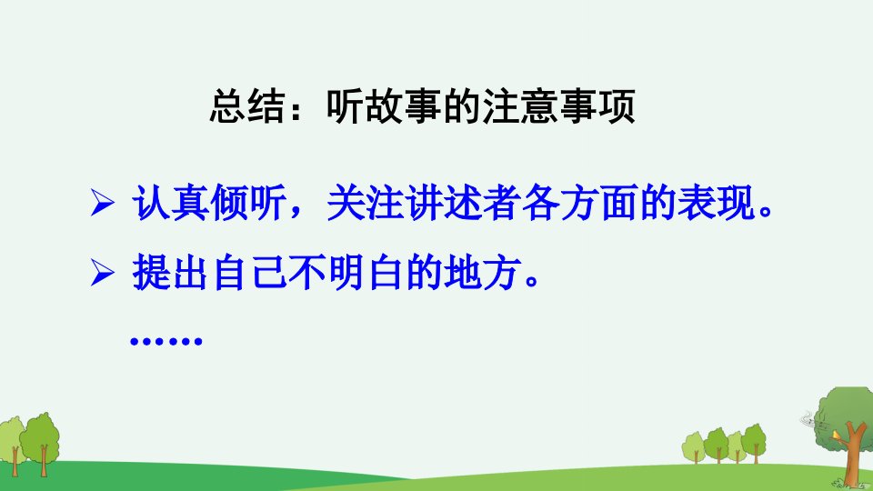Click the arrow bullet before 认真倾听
click(102, 202)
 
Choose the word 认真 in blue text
click(171, 202)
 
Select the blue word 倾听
click(249, 202)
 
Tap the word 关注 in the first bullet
click(366, 202)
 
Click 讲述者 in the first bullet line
click(463, 202)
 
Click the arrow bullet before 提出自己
click(102, 273)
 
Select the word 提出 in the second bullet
click(171, 273)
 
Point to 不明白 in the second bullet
click(346, 273)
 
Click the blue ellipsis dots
click(166, 340)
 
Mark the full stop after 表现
click(766, 212)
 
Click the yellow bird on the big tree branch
click(835, 435)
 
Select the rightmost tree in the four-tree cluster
click(755, 443)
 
